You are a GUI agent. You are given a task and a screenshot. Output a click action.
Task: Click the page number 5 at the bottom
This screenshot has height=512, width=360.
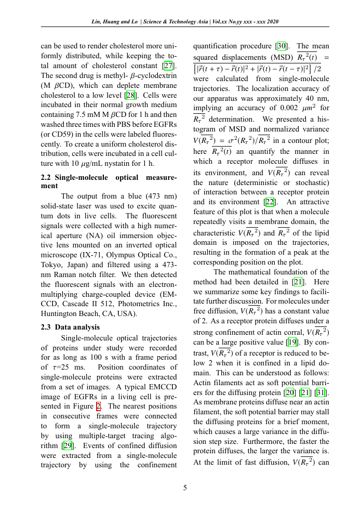(185, 488)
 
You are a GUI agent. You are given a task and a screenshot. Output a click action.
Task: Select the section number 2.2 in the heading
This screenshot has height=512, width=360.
(46, 178)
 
